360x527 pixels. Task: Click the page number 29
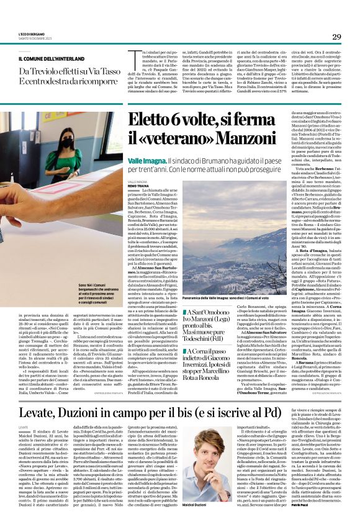[x=336, y=37]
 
